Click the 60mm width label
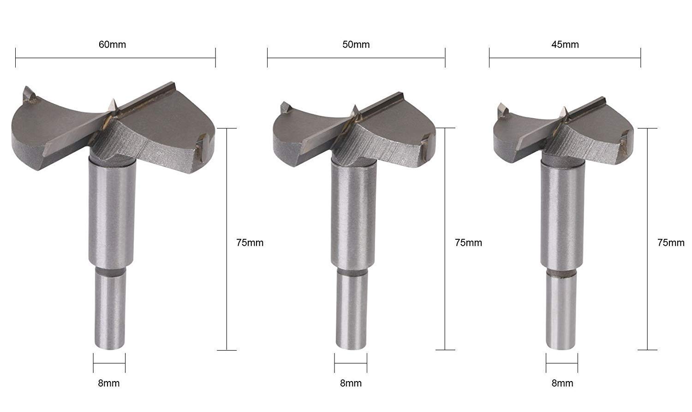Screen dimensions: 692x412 coord(112,44)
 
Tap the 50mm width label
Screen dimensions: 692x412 coord(356,44)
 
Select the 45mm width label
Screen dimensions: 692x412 coord(565,44)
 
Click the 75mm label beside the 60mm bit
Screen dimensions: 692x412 coord(250,242)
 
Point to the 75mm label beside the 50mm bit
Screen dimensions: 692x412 coord(468,242)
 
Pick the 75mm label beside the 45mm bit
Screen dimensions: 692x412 coord(671,242)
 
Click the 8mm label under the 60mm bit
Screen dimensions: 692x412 coord(109,383)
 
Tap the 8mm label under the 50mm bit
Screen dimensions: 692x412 coord(351,383)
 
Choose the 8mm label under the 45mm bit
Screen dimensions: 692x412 coord(562,383)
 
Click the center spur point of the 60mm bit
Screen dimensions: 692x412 coord(113,99)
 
